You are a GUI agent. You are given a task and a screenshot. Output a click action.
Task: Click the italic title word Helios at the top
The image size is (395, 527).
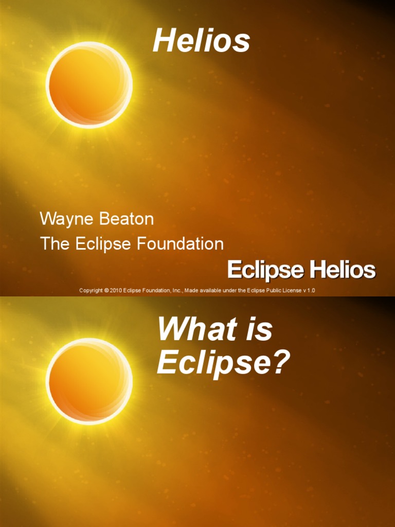pos(201,41)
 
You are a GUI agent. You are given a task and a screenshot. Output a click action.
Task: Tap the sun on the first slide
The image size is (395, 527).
pos(89,85)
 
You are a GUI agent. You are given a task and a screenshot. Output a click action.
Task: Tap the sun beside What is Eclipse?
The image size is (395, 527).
pos(89,381)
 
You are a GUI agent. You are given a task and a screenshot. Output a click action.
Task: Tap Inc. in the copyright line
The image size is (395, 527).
pos(177,291)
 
